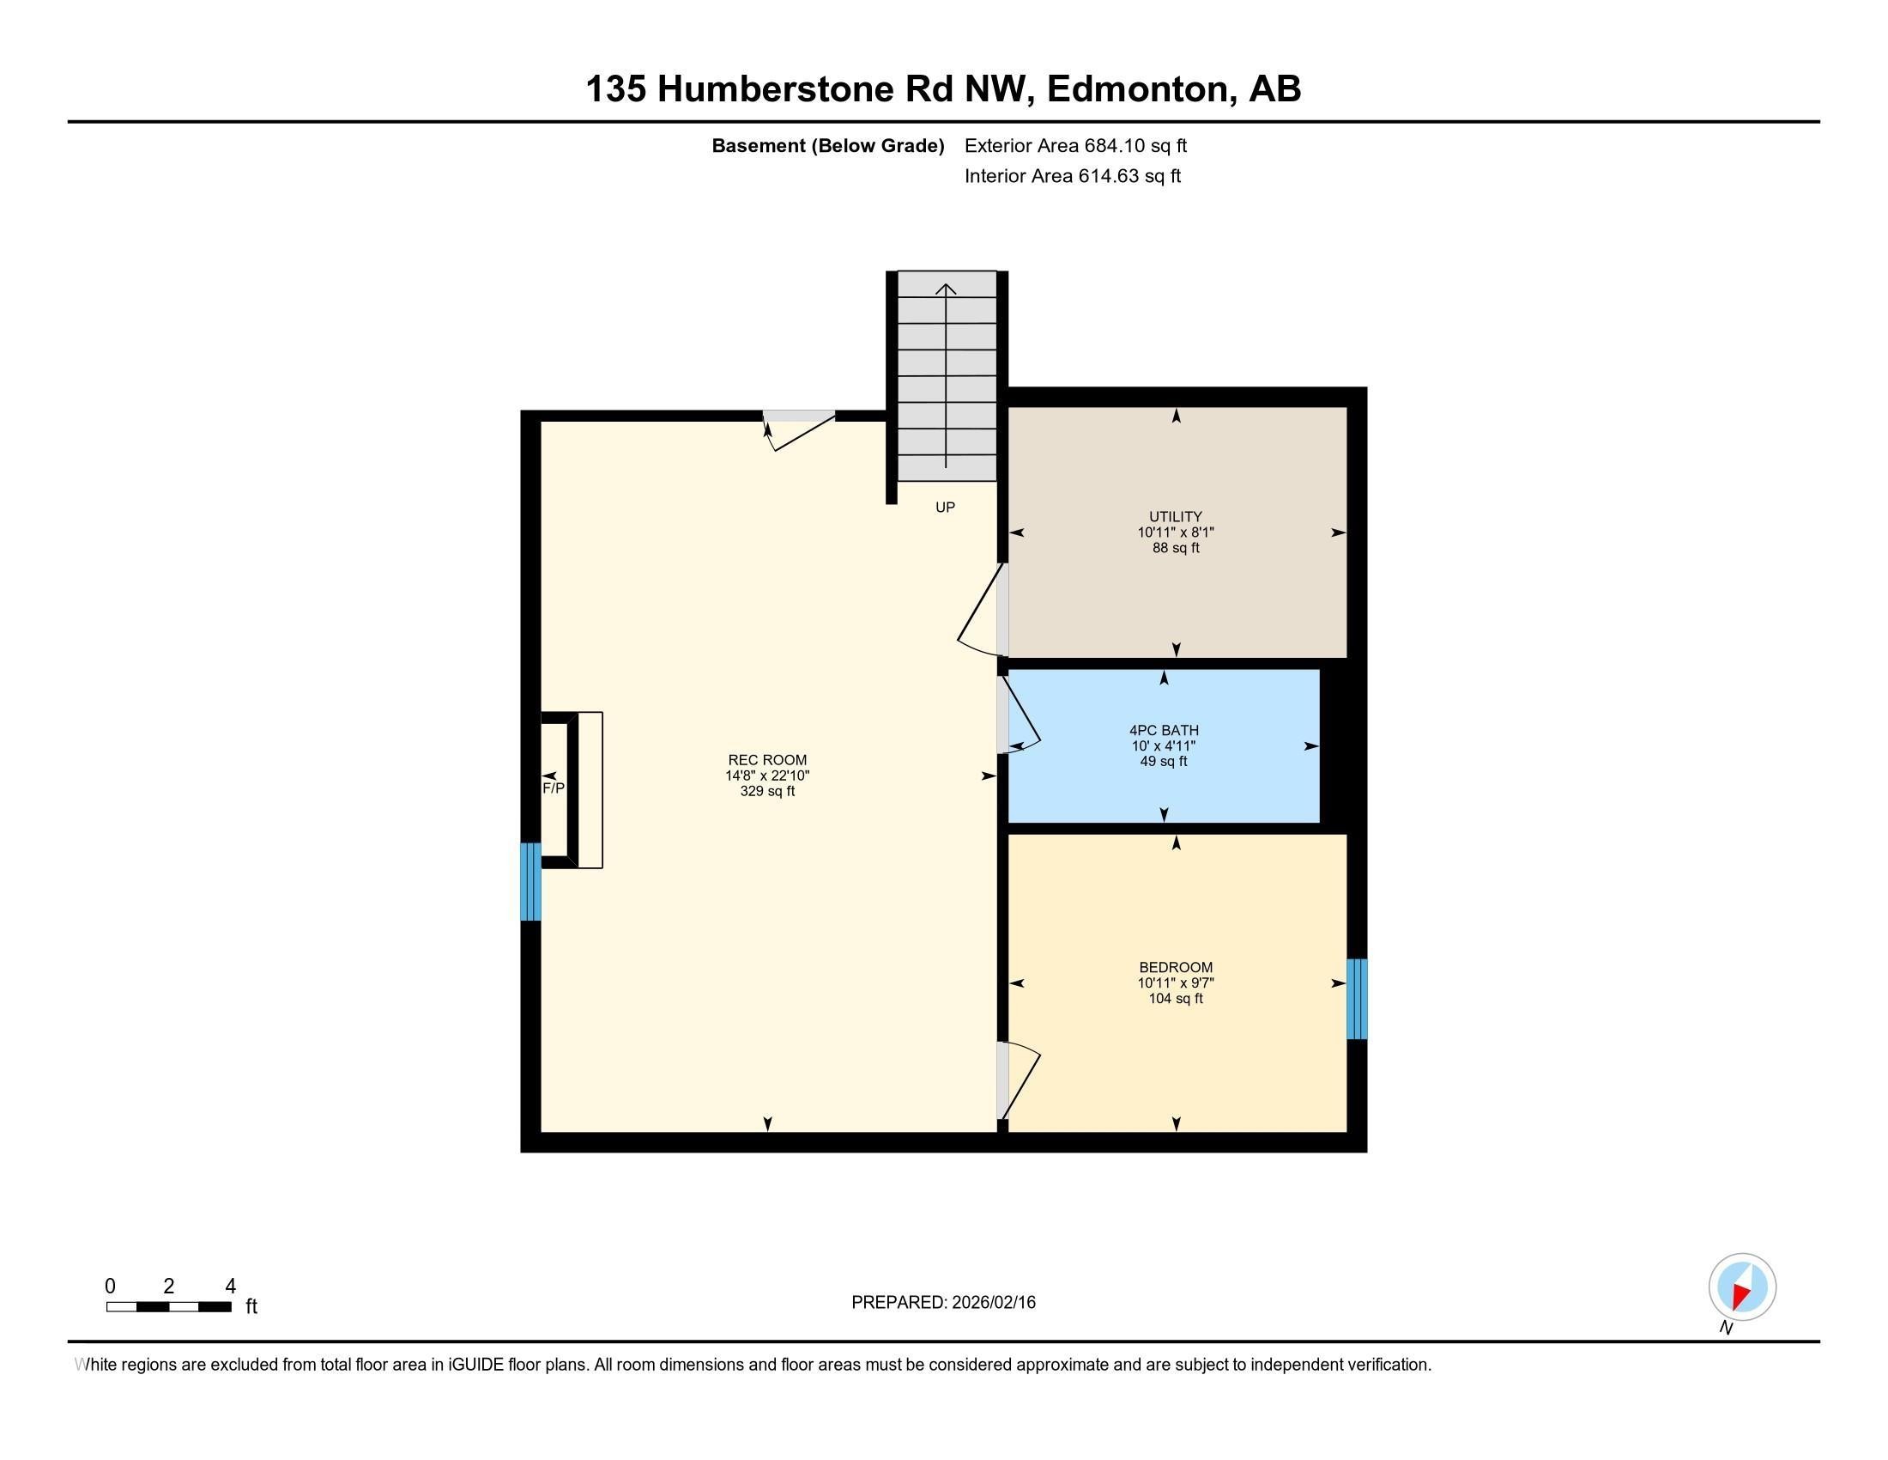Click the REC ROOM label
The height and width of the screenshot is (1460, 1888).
coord(766,760)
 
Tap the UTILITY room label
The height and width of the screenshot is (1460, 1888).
coord(1175,516)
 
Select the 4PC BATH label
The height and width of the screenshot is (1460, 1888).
coord(1163,730)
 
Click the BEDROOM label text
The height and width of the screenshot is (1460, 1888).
coord(1175,967)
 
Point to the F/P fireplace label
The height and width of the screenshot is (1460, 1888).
coord(554,788)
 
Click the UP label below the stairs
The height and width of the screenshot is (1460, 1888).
coord(945,508)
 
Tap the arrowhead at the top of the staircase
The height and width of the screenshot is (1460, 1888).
coord(946,289)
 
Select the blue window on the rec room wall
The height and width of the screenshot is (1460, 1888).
coord(529,881)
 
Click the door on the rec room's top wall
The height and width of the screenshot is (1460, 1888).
coord(800,429)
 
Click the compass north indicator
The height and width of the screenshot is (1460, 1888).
coord(1742,1287)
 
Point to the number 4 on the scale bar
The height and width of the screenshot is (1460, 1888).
coord(230,1287)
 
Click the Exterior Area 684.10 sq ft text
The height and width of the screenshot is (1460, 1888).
coord(1074,145)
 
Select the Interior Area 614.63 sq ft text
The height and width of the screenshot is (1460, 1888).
coord(1072,176)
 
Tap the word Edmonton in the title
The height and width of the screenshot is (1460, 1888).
coord(1140,89)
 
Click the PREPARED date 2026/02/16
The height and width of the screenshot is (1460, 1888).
coord(991,1303)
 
